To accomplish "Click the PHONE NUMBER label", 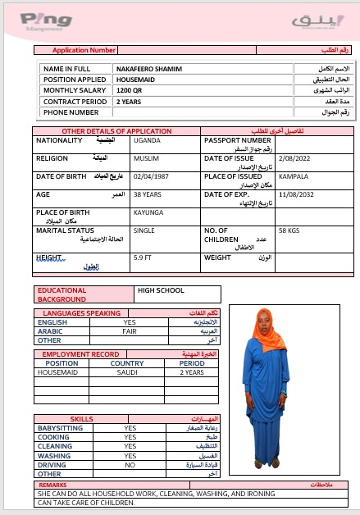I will pos(71,112).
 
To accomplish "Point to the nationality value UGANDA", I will pos(147,140).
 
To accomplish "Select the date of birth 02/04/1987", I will pos(153,175).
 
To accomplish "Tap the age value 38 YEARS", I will pos(148,194).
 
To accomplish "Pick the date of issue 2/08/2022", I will pos(297,157).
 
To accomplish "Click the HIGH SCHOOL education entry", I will pos(161,290).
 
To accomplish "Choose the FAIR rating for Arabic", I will pos(130,331).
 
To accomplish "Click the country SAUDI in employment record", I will pos(127,372).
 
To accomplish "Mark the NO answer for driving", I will pos(130,464).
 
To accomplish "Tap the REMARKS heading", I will pos(53,485).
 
